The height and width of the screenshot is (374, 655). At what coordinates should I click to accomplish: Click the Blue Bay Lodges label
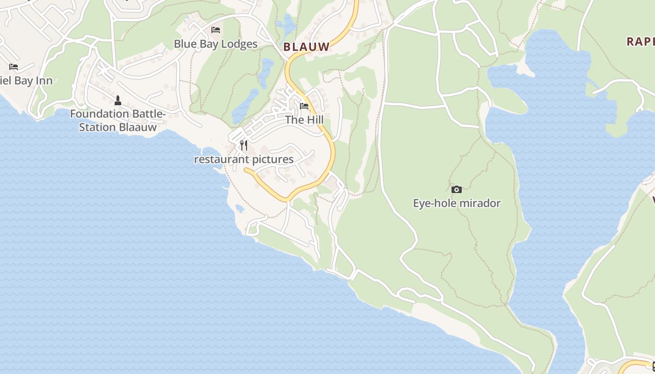tap(216, 44)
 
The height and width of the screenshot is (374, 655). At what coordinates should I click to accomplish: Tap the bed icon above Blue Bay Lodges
tap(216, 30)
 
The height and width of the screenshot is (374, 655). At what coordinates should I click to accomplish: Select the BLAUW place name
tap(306, 47)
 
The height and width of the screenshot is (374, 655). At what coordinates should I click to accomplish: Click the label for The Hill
tap(304, 120)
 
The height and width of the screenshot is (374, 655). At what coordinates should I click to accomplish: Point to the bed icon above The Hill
tap(304, 106)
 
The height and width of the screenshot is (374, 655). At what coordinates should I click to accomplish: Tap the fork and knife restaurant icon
tap(244, 145)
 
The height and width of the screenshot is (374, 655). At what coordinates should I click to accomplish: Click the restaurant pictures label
tap(244, 159)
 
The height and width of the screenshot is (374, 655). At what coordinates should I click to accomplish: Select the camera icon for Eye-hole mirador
tap(457, 189)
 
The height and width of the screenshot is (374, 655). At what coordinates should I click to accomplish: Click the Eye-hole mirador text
tap(457, 203)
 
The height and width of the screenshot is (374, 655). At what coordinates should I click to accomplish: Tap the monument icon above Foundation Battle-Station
tap(118, 101)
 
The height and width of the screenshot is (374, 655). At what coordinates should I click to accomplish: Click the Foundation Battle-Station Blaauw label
tap(118, 121)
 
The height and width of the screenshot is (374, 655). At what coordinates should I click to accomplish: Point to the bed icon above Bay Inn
tap(14, 67)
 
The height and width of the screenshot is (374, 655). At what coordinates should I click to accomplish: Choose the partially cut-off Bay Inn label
tap(26, 80)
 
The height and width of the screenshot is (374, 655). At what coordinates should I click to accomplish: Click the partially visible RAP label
tap(640, 41)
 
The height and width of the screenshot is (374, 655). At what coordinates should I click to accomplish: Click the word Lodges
tap(240, 44)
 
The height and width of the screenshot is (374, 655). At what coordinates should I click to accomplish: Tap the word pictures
tap(271, 159)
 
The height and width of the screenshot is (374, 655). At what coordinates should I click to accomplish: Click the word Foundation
tap(100, 114)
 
